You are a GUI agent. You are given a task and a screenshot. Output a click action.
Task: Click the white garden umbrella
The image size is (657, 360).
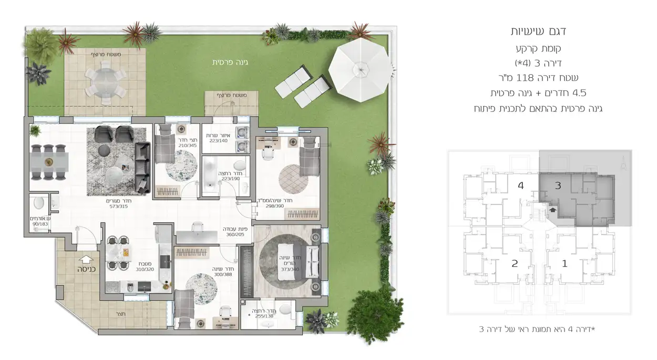click(361, 68)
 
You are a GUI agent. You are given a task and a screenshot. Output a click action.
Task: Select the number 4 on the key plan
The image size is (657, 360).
click(521, 186)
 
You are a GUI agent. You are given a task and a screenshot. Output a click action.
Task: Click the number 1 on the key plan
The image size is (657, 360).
click(565, 263)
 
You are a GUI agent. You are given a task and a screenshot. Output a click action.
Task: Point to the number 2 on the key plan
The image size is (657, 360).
click(515, 263)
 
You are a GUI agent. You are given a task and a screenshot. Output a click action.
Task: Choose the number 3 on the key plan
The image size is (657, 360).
click(558, 185)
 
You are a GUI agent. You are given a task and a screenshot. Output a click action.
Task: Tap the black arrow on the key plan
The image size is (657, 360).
click(551, 209)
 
